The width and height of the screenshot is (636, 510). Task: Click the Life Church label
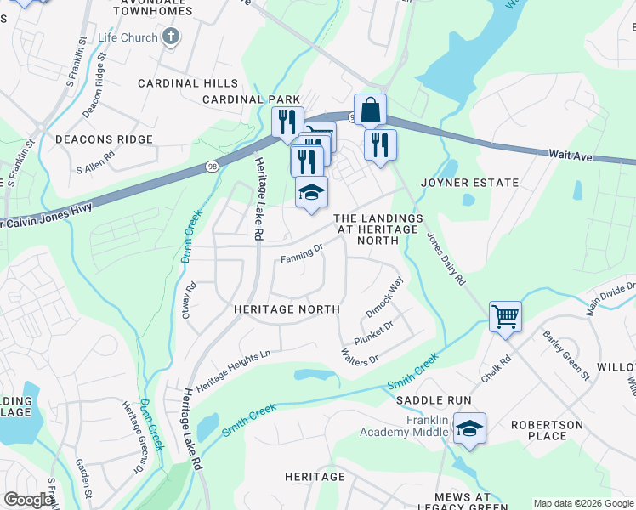(128, 38)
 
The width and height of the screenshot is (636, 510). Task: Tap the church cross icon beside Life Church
(171, 37)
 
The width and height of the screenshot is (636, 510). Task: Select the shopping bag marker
(370, 110)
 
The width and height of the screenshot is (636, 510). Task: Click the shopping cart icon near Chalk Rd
(505, 318)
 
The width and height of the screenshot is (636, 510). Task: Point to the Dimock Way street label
(385, 296)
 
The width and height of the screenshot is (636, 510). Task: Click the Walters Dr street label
(359, 357)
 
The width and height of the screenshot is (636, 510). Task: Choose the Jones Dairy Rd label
(446, 259)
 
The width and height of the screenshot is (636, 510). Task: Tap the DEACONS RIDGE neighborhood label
(104, 139)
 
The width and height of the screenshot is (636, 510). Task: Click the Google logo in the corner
(29, 500)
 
